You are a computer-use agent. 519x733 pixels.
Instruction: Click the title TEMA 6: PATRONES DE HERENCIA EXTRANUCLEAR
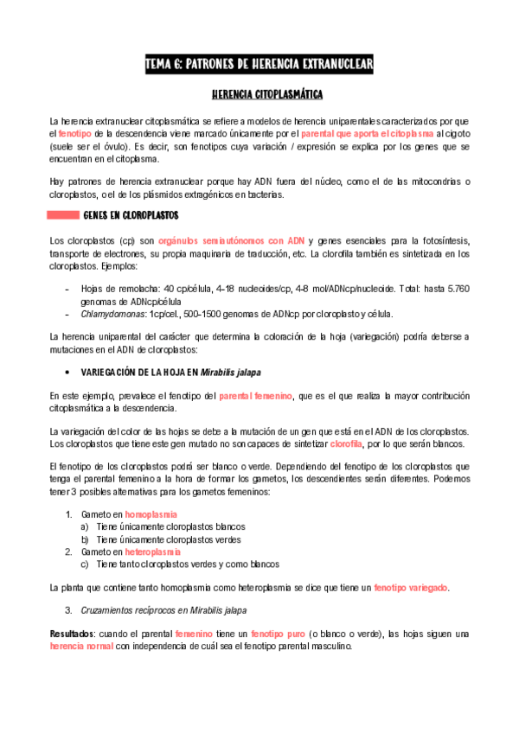point(259,65)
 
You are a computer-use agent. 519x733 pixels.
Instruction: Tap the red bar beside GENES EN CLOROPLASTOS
point(62,214)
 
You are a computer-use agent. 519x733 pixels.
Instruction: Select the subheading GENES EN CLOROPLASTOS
point(131,214)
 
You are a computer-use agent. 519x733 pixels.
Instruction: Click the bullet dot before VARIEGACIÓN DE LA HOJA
point(67,373)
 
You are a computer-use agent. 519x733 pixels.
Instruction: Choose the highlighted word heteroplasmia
point(152,551)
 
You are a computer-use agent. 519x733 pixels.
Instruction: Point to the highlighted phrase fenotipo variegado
point(410,588)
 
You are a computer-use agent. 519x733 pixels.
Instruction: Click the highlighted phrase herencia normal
point(81,646)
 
